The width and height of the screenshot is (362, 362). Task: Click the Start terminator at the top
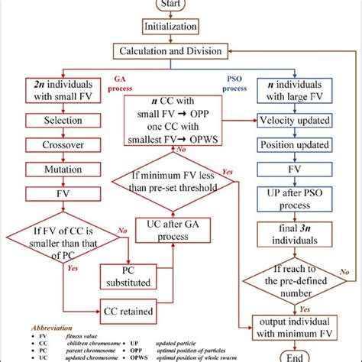[181, 5]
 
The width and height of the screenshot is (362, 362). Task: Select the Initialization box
[181, 27]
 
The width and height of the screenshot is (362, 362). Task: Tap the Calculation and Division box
[181, 51]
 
